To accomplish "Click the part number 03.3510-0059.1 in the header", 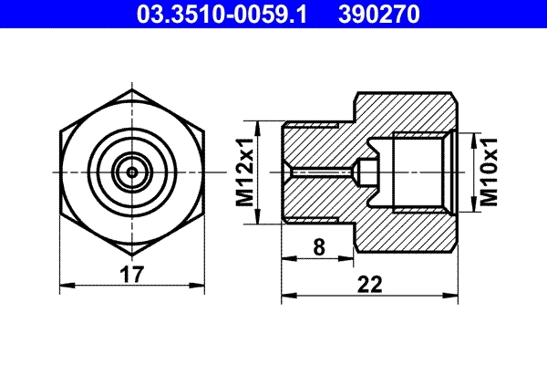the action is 222,15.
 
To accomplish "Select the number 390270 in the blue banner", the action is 379,15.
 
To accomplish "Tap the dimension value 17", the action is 131,274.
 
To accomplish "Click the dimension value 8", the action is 319,247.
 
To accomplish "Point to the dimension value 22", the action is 370,284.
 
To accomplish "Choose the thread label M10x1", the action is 489,172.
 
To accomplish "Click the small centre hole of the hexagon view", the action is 132,172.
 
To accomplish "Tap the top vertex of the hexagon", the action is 132,89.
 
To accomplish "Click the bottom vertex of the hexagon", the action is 132,255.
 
